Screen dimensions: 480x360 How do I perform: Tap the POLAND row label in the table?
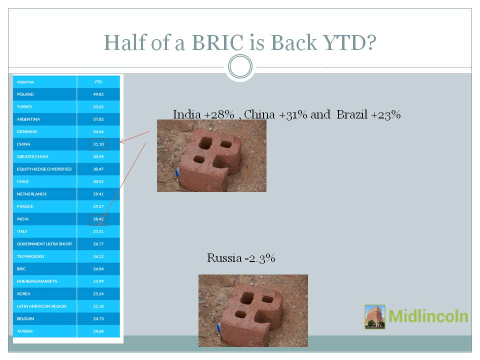pyautogui.click(x=25, y=94)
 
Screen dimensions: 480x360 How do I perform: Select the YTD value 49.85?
pyautogui.click(x=98, y=94)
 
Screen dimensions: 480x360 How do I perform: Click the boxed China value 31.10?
pyautogui.click(x=98, y=144)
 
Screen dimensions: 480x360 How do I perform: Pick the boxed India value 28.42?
pyautogui.click(x=98, y=219)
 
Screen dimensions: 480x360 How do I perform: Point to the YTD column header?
pyautogui.click(x=98, y=81)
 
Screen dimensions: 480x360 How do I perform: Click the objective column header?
pyautogui.click(x=25, y=81)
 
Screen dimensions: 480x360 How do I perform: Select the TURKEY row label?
pyautogui.click(x=24, y=107)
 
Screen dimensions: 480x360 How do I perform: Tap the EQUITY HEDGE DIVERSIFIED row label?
pyautogui.click(x=44, y=169)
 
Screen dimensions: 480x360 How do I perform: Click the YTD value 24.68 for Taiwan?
pyautogui.click(x=98, y=331)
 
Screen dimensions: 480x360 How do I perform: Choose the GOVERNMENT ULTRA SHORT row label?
pyautogui.click(x=44, y=244)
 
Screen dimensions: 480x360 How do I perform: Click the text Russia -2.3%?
pyautogui.click(x=241, y=258)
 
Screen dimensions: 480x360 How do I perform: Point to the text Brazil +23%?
pyautogui.click(x=368, y=114)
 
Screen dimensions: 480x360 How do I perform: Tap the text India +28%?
pyautogui.click(x=203, y=114)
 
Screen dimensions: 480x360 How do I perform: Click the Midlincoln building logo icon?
pyautogui.click(x=375, y=316)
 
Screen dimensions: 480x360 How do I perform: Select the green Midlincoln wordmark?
pyautogui.click(x=428, y=316)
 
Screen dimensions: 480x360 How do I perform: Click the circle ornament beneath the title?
pyautogui.click(x=240, y=55)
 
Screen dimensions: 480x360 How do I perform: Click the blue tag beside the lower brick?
pyautogui.click(x=218, y=327)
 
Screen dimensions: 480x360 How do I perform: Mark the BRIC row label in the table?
pyautogui.click(x=21, y=269)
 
